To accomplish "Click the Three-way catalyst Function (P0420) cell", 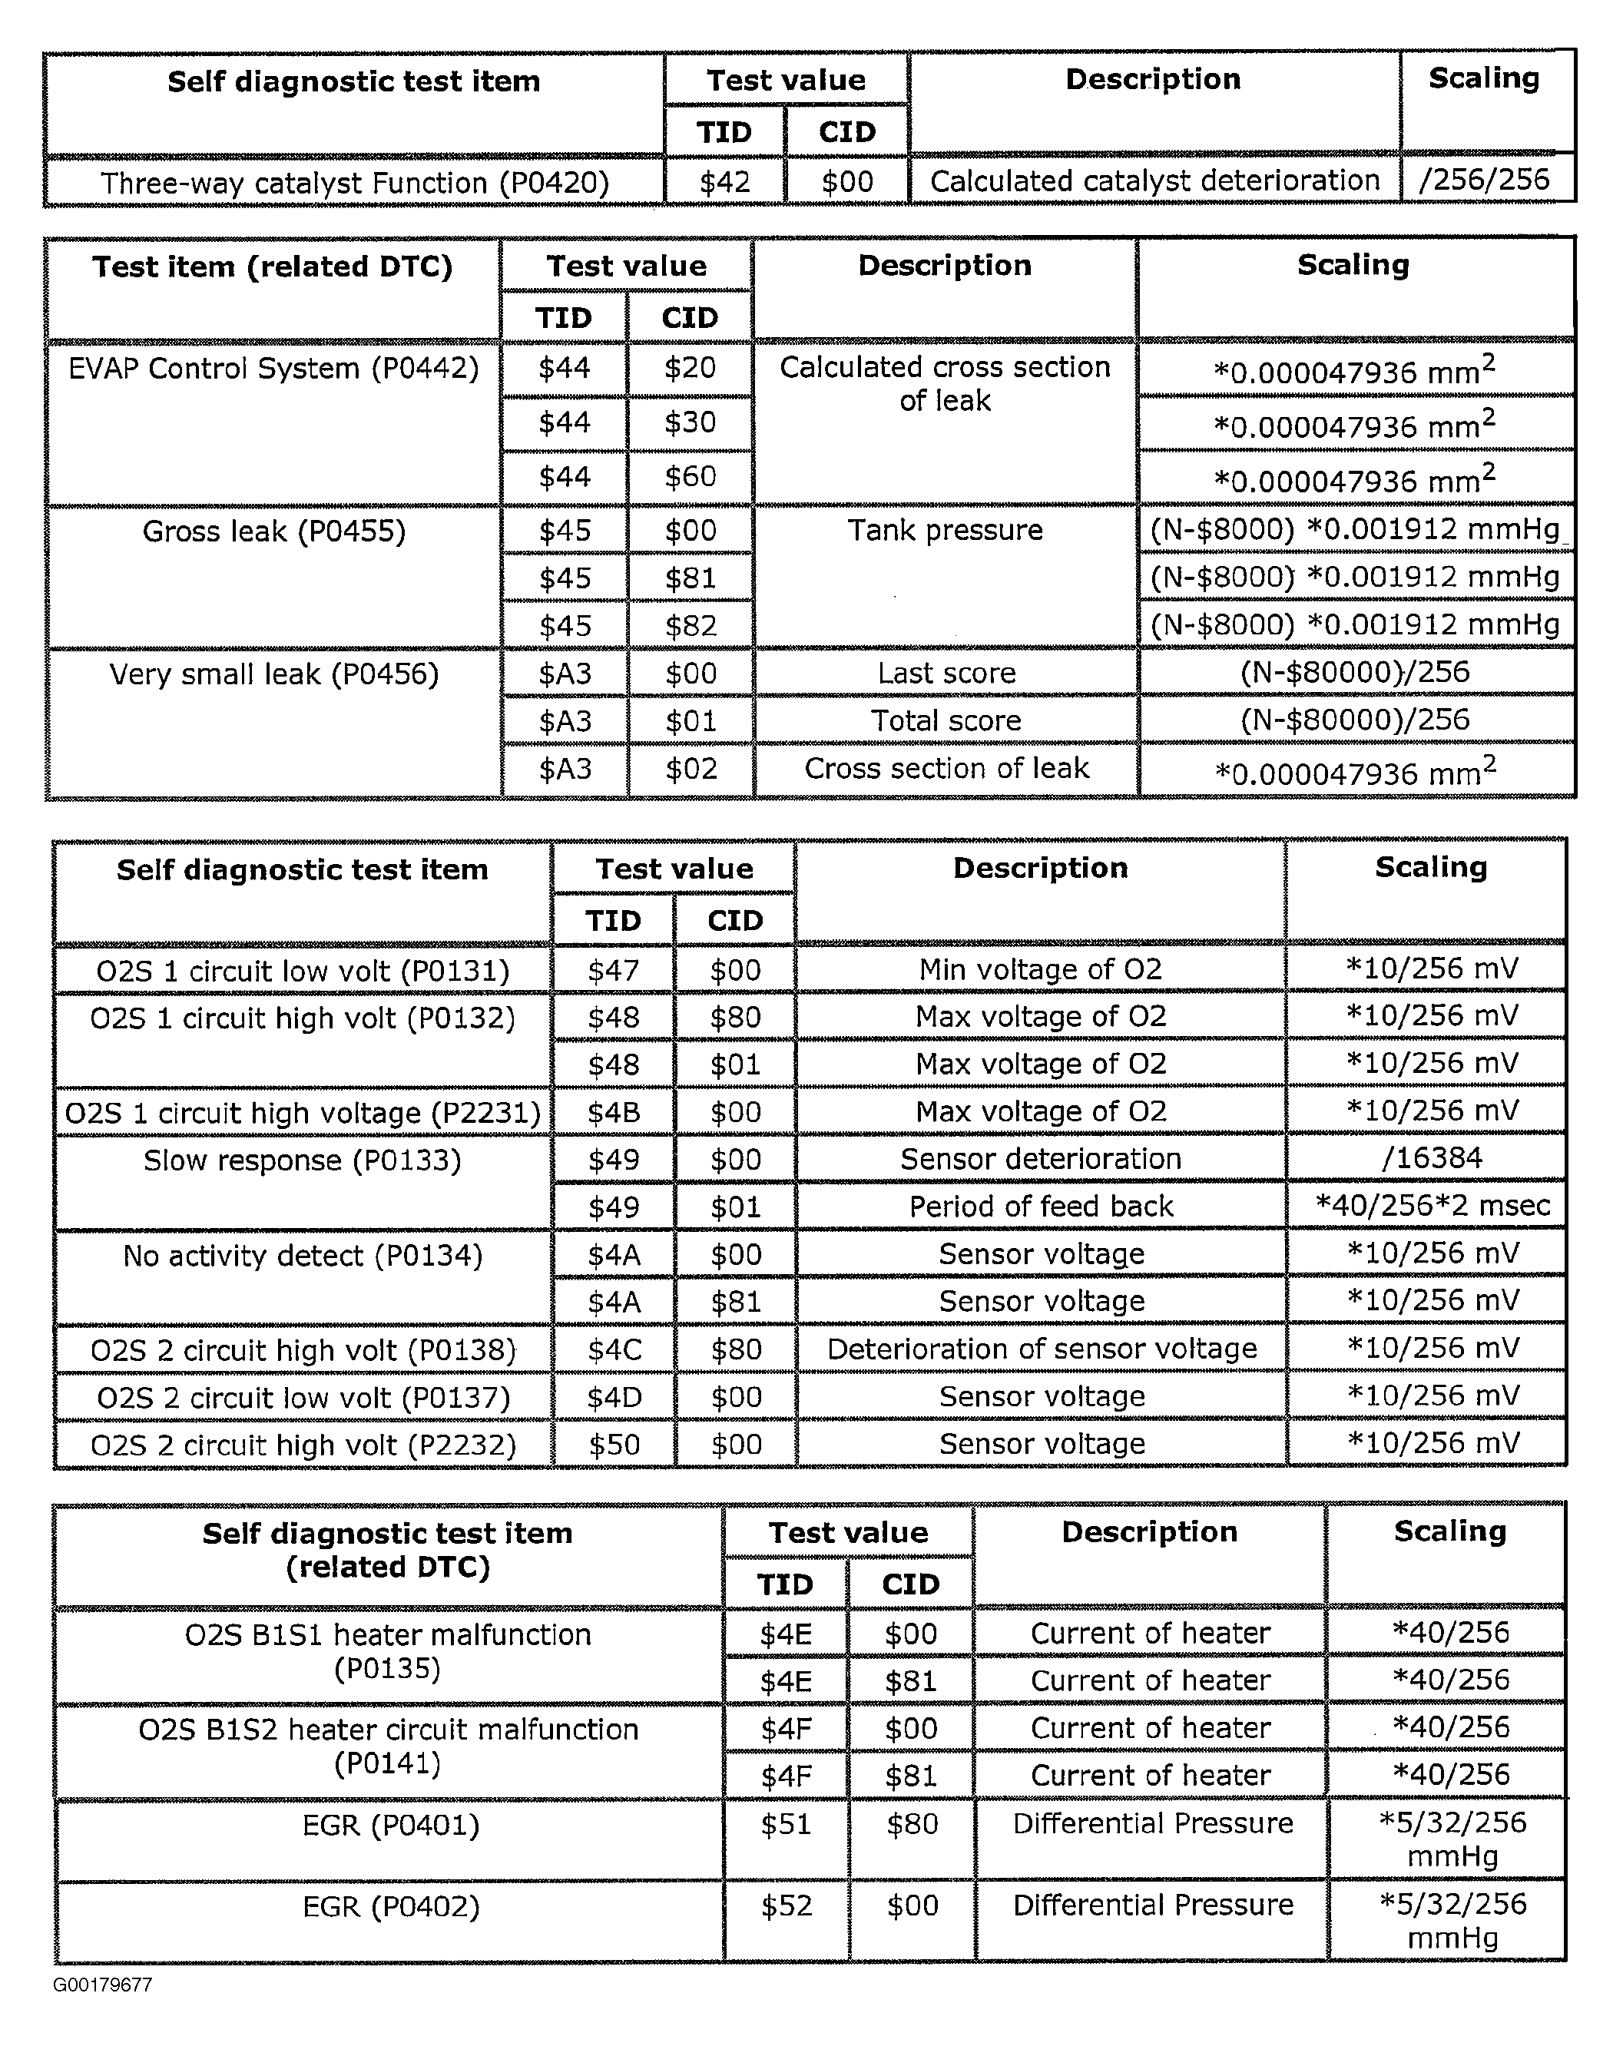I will coord(354,182).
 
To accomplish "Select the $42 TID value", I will coord(724,181).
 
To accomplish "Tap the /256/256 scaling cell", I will coord(1485,180).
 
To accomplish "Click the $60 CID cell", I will coord(690,476).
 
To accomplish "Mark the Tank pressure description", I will coord(945,530).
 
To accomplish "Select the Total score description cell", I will coord(946,720).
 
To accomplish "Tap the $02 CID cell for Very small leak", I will coord(691,769).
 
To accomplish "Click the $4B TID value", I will coord(614,1112).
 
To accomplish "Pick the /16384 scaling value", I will coord(1432,1157).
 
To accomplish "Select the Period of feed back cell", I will coord(1041,1206).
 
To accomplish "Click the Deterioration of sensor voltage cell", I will coord(1042,1349).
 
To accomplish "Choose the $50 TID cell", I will coord(614,1444).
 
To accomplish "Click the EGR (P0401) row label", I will coord(390,1825).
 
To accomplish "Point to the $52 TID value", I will coord(786,1905).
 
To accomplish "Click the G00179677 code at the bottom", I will coord(102,1985).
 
